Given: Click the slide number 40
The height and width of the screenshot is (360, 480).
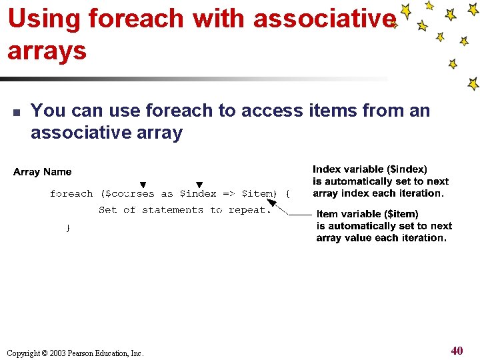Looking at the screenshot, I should coord(457,351).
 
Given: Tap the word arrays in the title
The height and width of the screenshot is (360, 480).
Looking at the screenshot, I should coord(47,50).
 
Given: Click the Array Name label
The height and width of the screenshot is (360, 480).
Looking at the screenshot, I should coord(42,172).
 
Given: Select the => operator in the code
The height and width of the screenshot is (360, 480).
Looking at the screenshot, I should coord(228,194).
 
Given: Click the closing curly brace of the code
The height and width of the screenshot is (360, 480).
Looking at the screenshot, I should coord(67,228).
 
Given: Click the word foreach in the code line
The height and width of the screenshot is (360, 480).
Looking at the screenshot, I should coord(71,194).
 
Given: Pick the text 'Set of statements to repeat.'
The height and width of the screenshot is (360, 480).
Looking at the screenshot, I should coord(185,210).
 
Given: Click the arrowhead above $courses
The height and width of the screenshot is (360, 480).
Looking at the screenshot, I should coord(143,185).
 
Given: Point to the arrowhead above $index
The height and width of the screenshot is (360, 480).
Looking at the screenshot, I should coord(199,185).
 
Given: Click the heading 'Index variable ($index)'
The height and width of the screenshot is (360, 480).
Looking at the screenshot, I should coord(370,169).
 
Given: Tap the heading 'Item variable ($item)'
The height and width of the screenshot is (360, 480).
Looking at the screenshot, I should coord(367,214).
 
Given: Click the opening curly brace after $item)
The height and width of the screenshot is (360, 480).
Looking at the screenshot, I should coord(287,194).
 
